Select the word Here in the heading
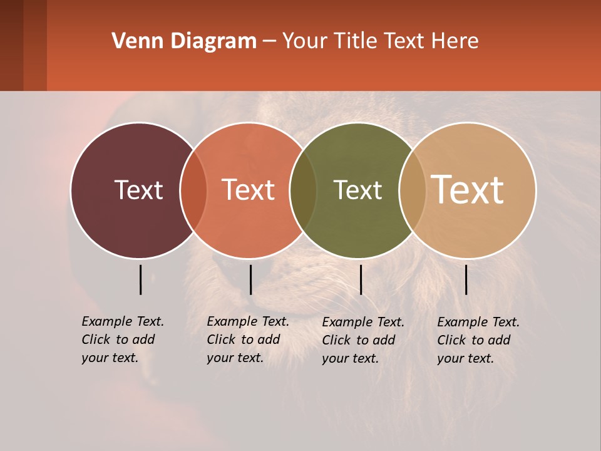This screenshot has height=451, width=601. [455, 41]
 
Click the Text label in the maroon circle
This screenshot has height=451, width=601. [138, 190]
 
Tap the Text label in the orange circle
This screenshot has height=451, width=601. [249, 190]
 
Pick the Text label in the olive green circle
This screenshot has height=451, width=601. [357, 190]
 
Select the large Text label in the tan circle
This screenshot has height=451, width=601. [468, 190]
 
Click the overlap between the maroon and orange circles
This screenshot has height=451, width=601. [193, 190]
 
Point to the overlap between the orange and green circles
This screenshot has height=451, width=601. [303, 190]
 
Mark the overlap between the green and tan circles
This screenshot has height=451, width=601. [412, 190]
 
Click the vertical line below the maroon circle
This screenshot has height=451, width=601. [140, 279]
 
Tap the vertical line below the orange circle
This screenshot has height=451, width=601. [250, 279]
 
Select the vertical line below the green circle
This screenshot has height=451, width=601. [361, 279]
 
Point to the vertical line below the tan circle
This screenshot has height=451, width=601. [466, 279]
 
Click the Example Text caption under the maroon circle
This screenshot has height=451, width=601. [122, 340]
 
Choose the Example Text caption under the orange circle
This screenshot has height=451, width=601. [247, 340]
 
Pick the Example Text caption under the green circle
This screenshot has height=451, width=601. [362, 340]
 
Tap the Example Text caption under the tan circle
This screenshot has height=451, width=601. [478, 340]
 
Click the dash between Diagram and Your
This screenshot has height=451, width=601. [269, 41]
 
